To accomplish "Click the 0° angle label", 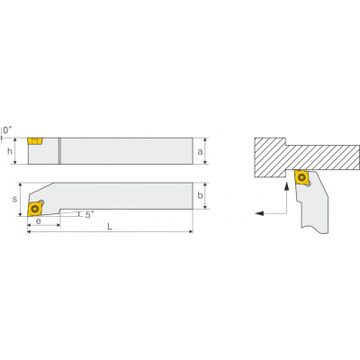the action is point(8,130).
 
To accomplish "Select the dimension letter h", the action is point(10,151).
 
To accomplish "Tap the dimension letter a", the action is point(200,152).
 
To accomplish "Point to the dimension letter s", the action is point(14,199).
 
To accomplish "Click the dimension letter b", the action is point(200,195).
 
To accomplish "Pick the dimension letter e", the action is point(39,220).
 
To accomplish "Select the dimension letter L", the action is point(110,227).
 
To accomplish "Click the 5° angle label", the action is point(89,214).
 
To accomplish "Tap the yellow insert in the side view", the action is point(35,141).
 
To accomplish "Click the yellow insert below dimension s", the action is point(35,208).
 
